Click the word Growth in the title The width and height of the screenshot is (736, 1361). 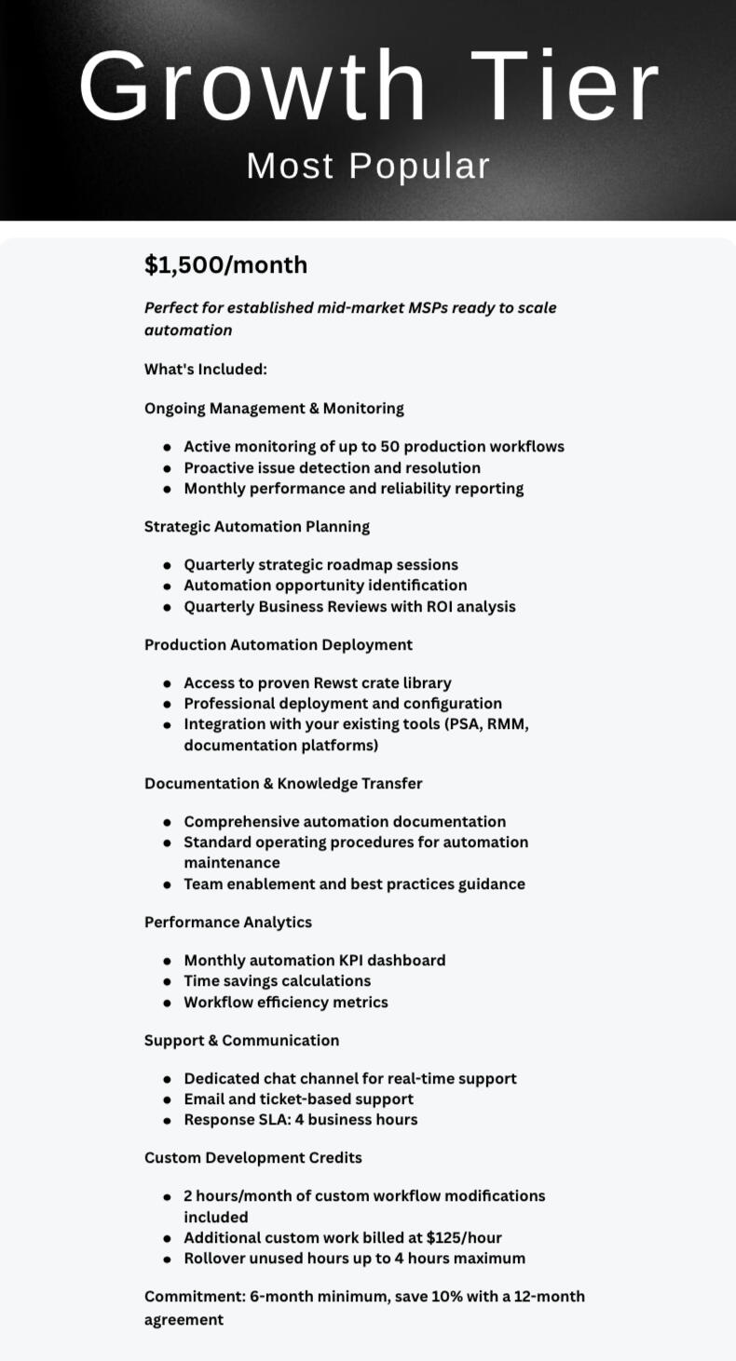(x=252, y=88)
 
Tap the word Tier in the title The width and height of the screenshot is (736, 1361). (x=566, y=88)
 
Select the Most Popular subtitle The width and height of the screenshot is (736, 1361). (x=368, y=167)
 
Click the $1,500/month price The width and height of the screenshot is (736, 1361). (x=225, y=265)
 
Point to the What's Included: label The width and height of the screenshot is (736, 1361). (x=206, y=370)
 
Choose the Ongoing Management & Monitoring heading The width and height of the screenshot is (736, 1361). (x=274, y=409)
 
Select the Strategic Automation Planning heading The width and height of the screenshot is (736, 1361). (x=257, y=527)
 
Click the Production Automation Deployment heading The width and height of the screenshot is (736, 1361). (x=279, y=645)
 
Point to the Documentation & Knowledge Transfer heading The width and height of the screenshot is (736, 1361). (x=283, y=784)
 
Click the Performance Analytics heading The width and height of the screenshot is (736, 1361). (x=228, y=923)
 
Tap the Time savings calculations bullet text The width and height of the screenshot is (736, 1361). (x=277, y=981)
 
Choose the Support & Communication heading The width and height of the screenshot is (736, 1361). (x=241, y=1041)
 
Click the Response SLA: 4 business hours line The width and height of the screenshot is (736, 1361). (x=300, y=1120)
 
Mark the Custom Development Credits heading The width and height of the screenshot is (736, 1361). (x=253, y=1158)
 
